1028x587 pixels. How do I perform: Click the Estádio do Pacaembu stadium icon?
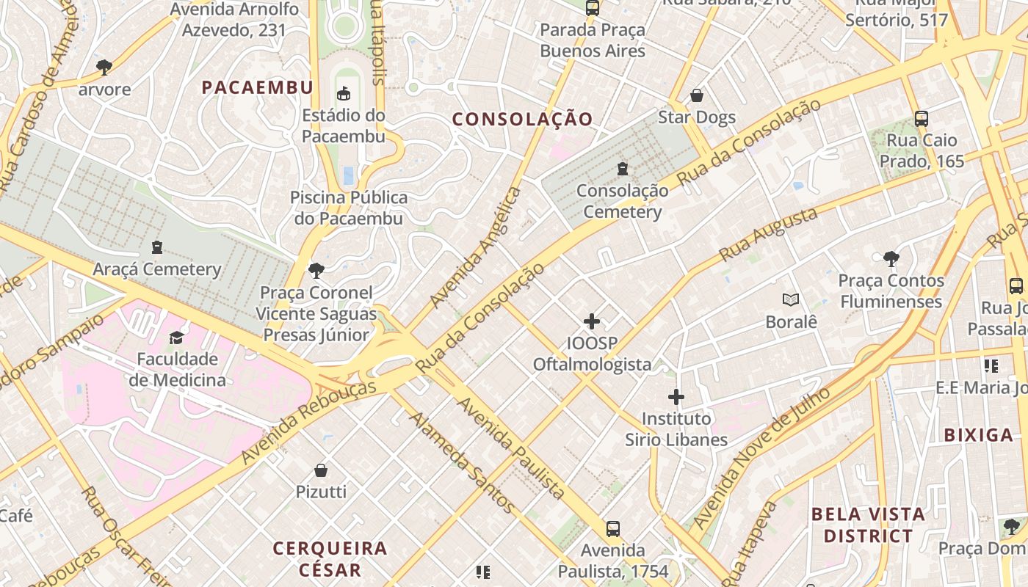(x=343, y=93)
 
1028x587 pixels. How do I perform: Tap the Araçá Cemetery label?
(x=156, y=269)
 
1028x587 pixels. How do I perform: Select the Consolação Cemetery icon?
(x=623, y=169)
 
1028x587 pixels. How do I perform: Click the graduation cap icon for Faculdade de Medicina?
(x=177, y=338)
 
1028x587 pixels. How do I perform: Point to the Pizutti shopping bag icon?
(x=321, y=470)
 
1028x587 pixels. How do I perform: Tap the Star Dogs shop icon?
(x=697, y=96)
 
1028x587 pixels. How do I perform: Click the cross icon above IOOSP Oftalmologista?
(x=592, y=321)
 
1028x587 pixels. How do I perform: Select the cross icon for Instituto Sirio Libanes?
(x=676, y=398)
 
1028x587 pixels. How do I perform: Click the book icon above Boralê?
(x=791, y=299)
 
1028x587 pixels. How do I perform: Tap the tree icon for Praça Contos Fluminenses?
(x=891, y=259)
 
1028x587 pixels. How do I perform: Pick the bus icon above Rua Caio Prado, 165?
(x=922, y=118)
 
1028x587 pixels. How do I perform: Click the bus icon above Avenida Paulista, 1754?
(x=613, y=528)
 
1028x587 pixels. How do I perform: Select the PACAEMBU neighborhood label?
(x=258, y=87)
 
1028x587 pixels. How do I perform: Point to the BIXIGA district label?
(x=979, y=435)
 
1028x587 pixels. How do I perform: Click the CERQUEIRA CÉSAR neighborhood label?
(x=330, y=558)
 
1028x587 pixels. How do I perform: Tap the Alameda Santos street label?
(x=461, y=462)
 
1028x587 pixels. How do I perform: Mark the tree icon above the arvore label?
(x=104, y=68)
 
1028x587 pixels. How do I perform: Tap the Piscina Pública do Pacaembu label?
(x=349, y=208)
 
